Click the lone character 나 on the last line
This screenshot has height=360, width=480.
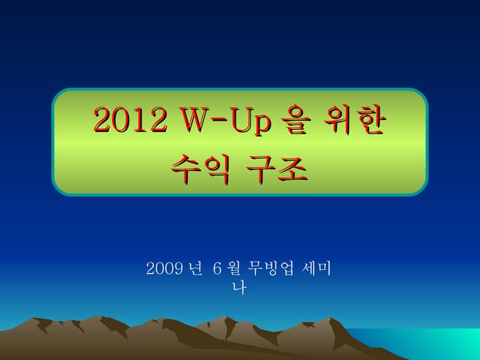(240, 286)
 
